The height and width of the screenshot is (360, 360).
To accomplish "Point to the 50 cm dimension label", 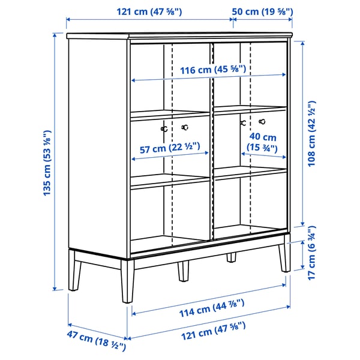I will pos(262,11).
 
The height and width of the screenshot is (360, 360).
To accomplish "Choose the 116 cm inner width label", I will pos(209,70).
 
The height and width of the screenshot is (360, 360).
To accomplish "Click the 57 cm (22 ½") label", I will pos(166,147).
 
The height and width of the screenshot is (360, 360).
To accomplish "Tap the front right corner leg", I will pos(282,258).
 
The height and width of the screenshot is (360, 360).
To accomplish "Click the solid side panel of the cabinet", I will pos(98,144).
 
